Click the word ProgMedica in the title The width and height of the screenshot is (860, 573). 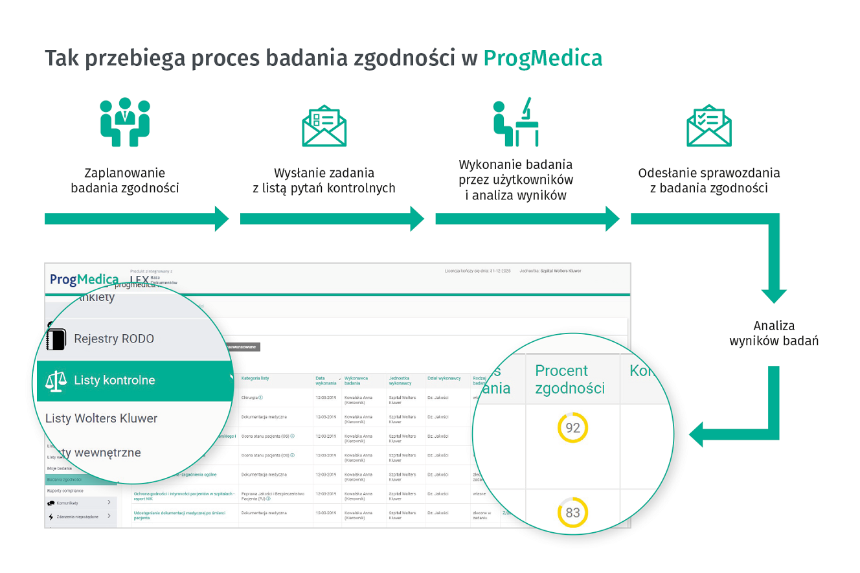coord(543,58)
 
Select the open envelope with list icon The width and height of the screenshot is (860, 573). coord(324,125)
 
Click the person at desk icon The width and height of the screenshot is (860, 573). coord(516,122)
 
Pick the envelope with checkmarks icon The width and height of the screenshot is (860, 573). coord(708,125)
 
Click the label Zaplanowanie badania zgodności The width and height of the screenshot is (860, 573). coord(125,181)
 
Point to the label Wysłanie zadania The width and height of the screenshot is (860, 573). coord(324,173)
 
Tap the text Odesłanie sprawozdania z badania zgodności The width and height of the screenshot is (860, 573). coord(708,181)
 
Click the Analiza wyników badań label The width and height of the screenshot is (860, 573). coord(773,333)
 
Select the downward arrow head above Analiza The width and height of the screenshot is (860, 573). coord(773,295)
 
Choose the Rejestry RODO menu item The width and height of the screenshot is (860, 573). coord(114,339)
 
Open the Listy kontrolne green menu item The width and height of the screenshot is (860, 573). coord(115,380)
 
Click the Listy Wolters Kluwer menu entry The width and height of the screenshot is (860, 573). coord(101,418)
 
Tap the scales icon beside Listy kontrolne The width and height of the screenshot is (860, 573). coord(56,381)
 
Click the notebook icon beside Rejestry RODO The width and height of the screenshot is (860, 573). coord(56,339)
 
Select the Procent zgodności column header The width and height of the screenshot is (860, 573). coord(569,379)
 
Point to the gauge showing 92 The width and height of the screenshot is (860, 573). coord(572,428)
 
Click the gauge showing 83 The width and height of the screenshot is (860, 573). coord(572,513)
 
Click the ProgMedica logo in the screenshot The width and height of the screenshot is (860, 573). coord(84,279)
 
